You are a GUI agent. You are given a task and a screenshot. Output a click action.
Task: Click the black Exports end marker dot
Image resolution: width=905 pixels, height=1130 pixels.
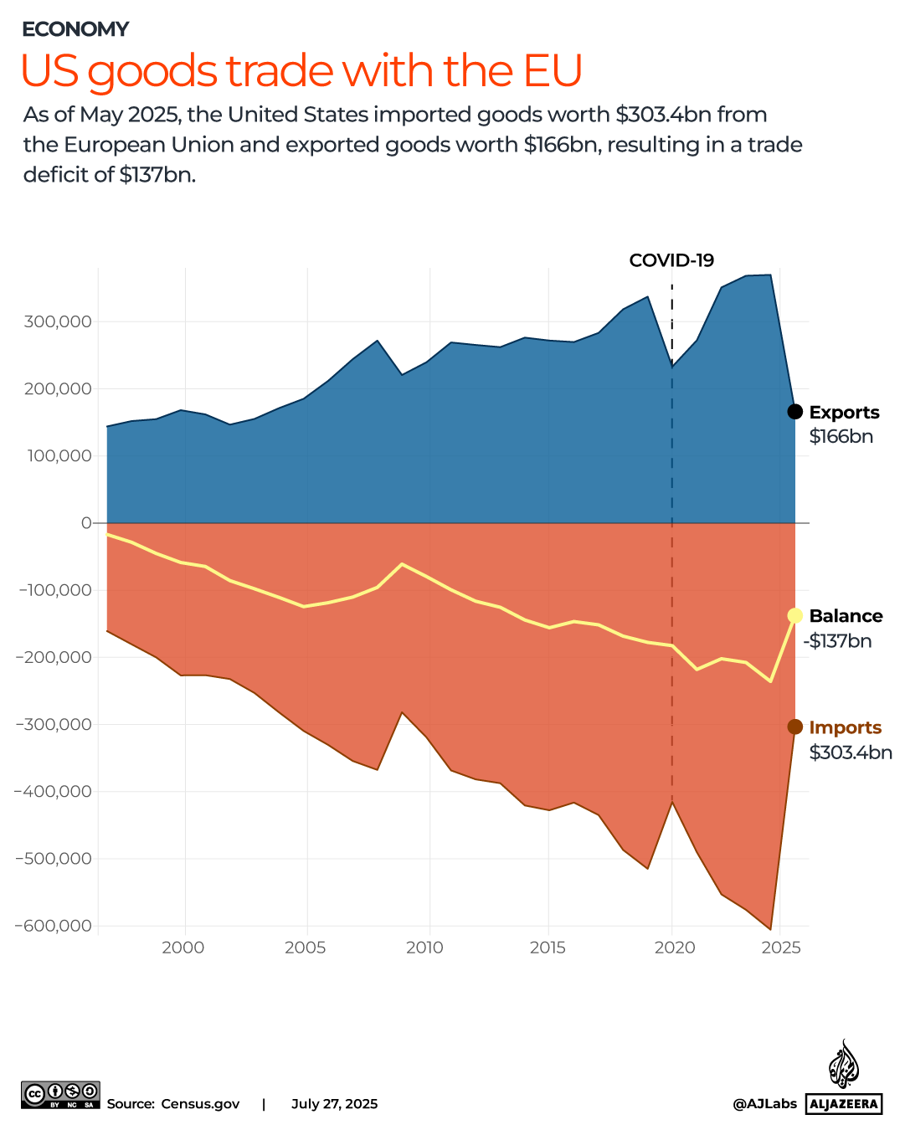pyautogui.click(x=794, y=412)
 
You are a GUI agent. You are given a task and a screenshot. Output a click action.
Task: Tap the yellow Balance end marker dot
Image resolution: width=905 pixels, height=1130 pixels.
pyautogui.click(x=794, y=616)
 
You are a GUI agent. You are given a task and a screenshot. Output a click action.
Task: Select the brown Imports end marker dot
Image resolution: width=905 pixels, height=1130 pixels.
pyautogui.click(x=794, y=727)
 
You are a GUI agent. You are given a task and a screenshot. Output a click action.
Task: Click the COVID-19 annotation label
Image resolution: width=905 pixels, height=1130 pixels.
pyautogui.click(x=671, y=260)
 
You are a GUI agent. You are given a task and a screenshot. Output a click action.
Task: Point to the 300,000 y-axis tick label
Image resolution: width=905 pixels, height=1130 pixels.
pyautogui.click(x=58, y=322)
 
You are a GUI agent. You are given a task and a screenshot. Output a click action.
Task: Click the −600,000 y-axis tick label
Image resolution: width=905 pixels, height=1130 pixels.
pyautogui.click(x=53, y=926)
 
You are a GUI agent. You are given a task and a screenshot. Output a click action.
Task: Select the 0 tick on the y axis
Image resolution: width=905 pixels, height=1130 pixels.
pyautogui.click(x=86, y=523)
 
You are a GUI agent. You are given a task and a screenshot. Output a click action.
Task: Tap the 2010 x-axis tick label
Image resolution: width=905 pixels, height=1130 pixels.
pyautogui.click(x=425, y=948)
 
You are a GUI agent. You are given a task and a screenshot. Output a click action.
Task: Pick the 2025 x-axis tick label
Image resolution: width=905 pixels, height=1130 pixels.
pyautogui.click(x=781, y=948)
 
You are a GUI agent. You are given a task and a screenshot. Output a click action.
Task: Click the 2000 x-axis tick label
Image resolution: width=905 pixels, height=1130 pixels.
pyautogui.click(x=183, y=948)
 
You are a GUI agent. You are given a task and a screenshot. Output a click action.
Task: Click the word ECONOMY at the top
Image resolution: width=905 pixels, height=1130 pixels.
pyautogui.click(x=75, y=29)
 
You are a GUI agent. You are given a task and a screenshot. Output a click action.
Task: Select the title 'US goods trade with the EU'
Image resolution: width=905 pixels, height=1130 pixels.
pyautogui.click(x=301, y=71)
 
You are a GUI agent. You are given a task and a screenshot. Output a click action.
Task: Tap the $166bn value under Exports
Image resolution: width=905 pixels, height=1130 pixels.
pyautogui.click(x=841, y=436)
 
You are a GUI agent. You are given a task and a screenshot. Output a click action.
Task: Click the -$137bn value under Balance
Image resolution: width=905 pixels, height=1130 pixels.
pyautogui.click(x=838, y=641)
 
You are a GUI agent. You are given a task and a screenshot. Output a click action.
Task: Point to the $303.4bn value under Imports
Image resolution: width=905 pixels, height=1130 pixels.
pyautogui.click(x=851, y=752)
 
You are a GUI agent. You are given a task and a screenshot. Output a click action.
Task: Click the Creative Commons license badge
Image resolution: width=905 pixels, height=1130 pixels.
pyautogui.click(x=60, y=1095)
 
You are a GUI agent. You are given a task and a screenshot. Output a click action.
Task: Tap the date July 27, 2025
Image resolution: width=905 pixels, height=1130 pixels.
pyautogui.click(x=334, y=1104)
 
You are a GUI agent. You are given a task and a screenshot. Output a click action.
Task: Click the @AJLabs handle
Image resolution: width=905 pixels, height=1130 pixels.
pyautogui.click(x=764, y=1104)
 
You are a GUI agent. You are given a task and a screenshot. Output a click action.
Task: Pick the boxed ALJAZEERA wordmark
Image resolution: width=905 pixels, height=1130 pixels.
pyautogui.click(x=844, y=1104)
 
